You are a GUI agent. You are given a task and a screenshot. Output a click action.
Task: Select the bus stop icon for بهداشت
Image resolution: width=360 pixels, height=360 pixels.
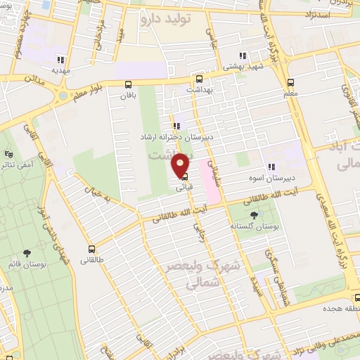coord(199,79)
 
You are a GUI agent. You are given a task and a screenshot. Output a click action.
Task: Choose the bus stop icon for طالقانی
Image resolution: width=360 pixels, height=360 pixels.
coord(91,249)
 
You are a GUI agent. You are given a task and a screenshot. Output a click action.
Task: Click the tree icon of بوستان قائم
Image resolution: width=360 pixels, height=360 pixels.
coord(27,253)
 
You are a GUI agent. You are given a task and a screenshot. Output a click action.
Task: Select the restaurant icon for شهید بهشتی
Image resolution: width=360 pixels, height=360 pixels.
coord(242,56)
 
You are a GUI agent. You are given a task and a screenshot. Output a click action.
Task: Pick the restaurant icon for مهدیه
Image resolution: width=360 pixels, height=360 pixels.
coord(62,60)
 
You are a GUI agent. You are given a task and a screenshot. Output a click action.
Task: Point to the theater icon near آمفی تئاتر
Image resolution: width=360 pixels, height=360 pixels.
coord(8,154)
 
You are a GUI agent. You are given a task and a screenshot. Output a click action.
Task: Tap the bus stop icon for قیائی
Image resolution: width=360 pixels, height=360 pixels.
coord(184,177)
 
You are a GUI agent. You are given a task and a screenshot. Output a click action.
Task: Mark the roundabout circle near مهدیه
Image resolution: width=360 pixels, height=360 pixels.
coord(63,94)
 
